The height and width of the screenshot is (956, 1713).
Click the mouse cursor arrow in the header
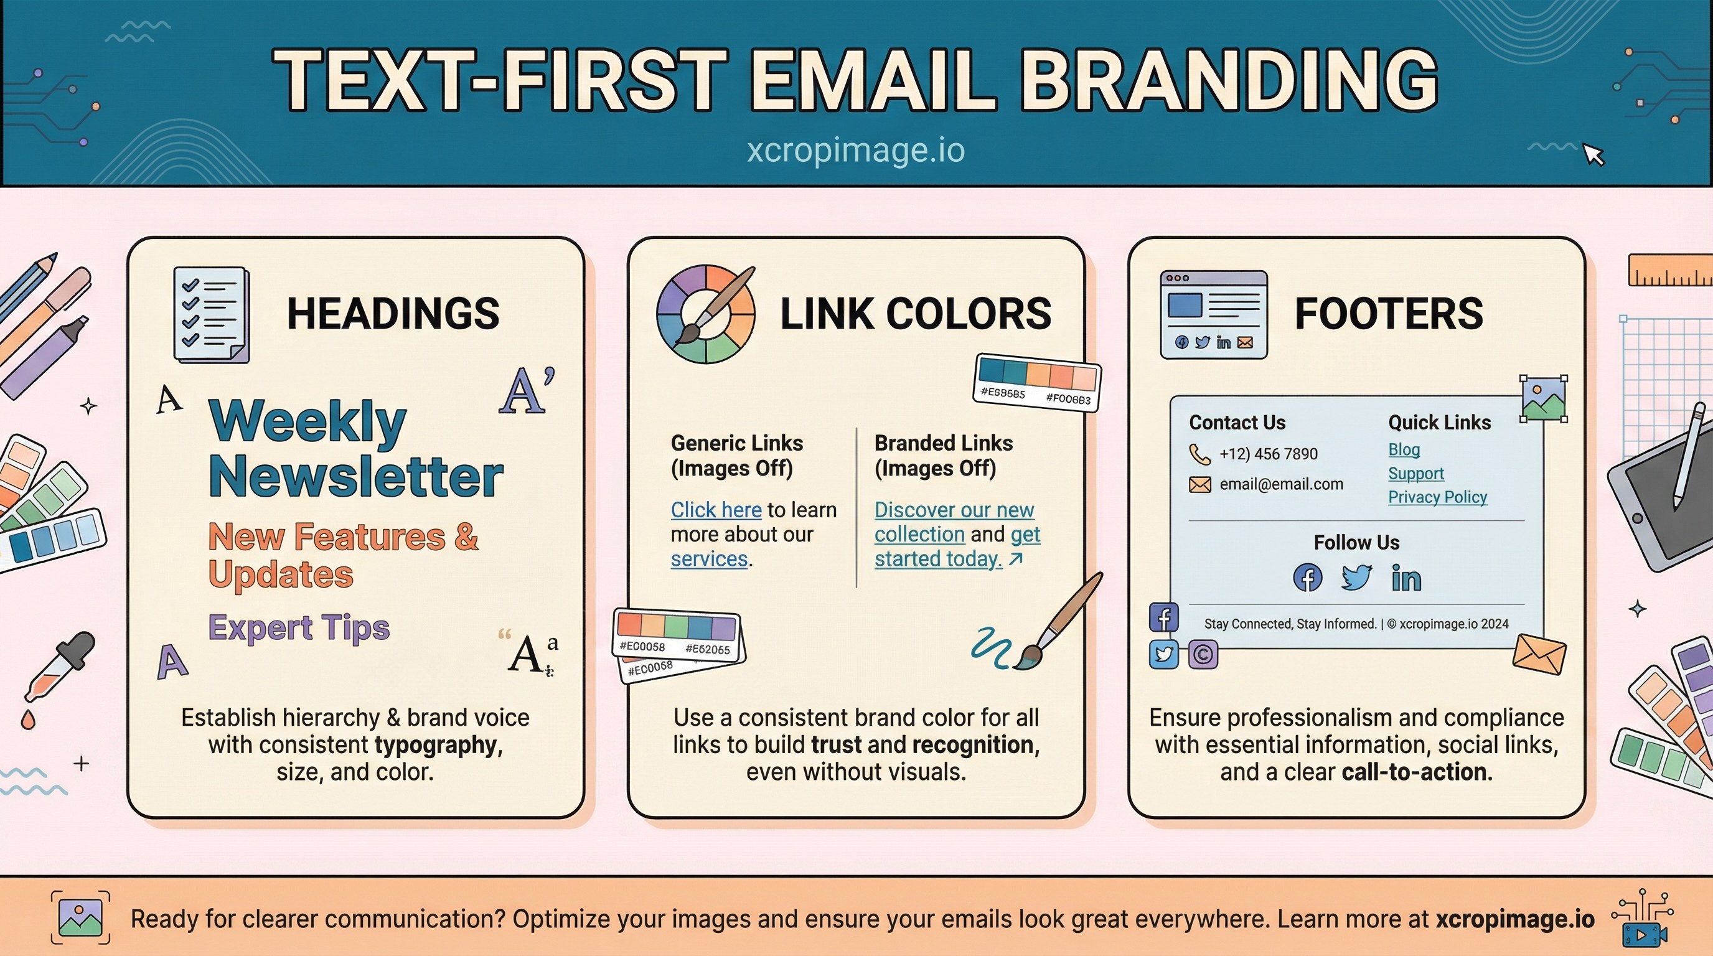click(1593, 154)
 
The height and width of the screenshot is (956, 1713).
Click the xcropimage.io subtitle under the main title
click(855, 150)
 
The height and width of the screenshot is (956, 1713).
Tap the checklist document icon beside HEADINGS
click(211, 314)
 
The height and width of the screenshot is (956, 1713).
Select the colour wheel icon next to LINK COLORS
click(705, 314)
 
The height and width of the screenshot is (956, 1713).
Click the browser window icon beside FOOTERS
click(1213, 314)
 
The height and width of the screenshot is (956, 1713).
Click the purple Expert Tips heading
click(299, 627)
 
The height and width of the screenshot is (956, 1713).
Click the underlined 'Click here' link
click(716, 510)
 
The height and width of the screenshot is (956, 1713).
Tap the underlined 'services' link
click(709, 559)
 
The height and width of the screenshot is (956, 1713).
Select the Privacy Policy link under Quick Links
click(1437, 497)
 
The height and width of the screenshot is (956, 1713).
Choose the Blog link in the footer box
click(1403, 450)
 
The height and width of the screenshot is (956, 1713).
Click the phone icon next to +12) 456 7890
click(1199, 455)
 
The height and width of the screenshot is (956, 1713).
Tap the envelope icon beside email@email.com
click(1199, 485)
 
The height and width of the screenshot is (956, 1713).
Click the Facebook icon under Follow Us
click(1307, 578)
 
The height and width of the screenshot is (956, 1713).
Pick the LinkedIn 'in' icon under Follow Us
click(1406, 578)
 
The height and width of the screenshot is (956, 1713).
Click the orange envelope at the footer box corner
click(1538, 655)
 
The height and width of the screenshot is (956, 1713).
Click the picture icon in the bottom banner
click(80, 918)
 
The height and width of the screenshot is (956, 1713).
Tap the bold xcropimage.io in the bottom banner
click(1514, 919)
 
